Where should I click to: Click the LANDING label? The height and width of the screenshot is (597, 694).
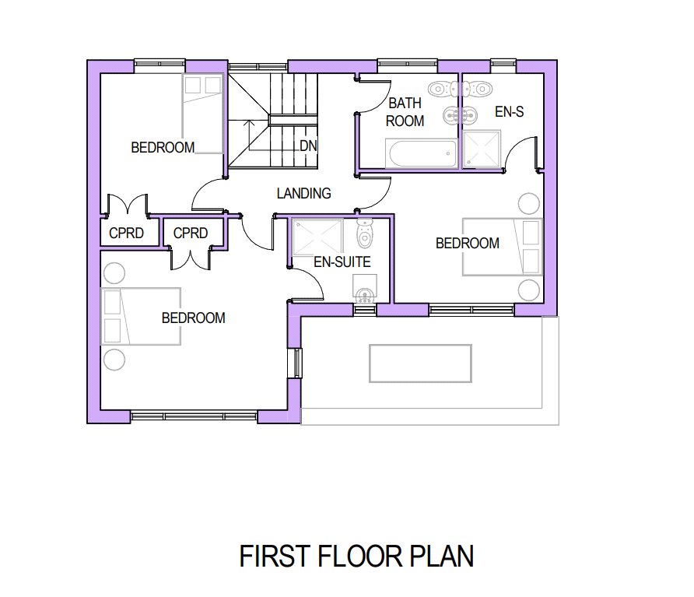303,194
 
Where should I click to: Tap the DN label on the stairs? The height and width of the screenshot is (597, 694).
308,146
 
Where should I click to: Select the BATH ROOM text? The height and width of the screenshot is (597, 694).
405,112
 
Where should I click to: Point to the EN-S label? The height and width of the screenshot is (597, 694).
509,111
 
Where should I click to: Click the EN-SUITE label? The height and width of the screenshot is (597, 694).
342,262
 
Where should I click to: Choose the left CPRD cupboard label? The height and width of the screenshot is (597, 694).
126,233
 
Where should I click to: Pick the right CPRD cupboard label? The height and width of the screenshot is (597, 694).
191,233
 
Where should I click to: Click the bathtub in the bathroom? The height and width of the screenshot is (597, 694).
422,153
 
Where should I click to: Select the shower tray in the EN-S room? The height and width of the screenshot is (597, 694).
482,149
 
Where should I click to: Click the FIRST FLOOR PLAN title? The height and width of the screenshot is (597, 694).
356,557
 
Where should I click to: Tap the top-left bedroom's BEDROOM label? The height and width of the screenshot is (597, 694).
163,147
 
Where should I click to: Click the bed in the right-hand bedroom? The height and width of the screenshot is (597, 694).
503,247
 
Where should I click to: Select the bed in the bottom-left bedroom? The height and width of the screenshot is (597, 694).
141,316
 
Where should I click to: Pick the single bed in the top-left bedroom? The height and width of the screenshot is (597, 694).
202,114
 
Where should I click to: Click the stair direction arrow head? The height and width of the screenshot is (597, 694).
249,121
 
